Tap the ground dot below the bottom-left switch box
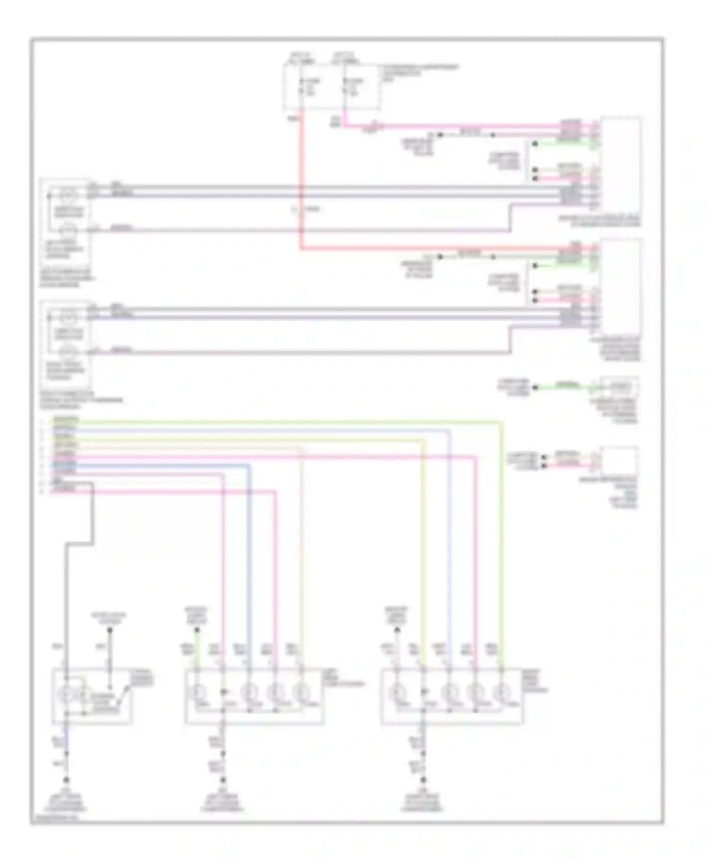[66, 779]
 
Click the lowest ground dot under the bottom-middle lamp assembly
[223, 779]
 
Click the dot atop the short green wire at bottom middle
[197, 630]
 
